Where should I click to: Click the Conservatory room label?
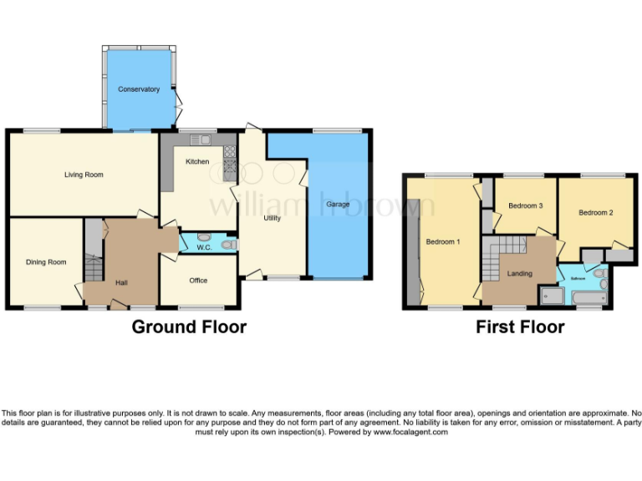pyautogui.click(x=139, y=89)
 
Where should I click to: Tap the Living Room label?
pyautogui.click(x=84, y=175)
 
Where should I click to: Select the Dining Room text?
pyautogui.click(x=45, y=262)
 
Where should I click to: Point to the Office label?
pyautogui.click(x=197, y=281)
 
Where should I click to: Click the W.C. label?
pyautogui.click(x=203, y=247)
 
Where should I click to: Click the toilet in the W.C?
pyautogui.click(x=229, y=244)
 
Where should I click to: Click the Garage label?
pyautogui.click(x=338, y=204)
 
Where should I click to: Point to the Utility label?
pyautogui.click(x=272, y=218)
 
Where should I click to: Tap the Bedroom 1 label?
pyautogui.click(x=442, y=242)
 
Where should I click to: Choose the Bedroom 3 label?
pyautogui.click(x=526, y=205)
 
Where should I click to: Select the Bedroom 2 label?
pyautogui.click(x=595, y=213)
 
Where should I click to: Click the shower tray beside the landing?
pyautogui.click(x=551, y=295)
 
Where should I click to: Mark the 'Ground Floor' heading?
pyautogui.click(x=189, y=327)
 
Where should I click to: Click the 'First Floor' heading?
pyautogui.click(x=520, y=327)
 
